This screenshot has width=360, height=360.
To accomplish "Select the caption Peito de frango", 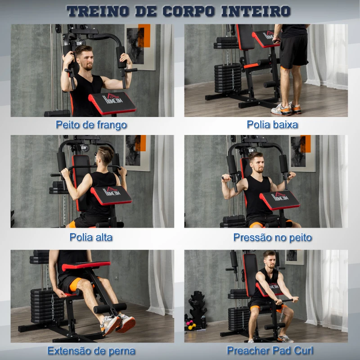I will point(91,125).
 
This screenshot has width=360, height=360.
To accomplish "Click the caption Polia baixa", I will point(272,125).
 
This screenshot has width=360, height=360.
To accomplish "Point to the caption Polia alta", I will point(91,237).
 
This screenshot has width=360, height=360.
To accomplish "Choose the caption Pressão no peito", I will point(272,237).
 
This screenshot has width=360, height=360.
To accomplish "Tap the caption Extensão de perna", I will point(91,350).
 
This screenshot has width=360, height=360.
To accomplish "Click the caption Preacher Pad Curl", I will point(270,350).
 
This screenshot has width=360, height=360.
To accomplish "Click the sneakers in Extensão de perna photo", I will point(118,323).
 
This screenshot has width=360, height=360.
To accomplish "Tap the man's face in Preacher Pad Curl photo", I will point(269,260).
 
